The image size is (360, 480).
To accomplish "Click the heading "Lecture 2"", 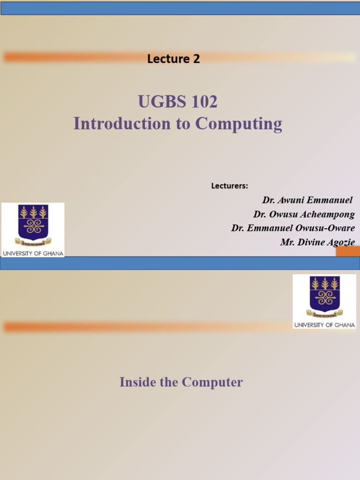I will (173, 59).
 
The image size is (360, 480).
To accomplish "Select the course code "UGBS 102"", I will (178, 101).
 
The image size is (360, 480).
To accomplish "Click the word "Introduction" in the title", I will (120, 124).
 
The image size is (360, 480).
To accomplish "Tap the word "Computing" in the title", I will (239, 124).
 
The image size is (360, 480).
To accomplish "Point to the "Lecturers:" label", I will (229, 186).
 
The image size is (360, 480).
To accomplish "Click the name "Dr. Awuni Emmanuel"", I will (307, 200).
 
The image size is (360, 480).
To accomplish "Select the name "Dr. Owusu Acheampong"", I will (304, 214).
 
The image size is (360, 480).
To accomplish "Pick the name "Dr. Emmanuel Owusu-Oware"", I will (292, 228).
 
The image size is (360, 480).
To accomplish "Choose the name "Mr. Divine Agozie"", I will (317, 242).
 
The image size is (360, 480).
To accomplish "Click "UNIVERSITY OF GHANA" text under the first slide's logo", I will (33, 253).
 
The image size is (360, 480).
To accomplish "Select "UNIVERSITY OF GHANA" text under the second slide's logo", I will (324, 324).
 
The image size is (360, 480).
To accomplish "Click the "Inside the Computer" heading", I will (181, 382).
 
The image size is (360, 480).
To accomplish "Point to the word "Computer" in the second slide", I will (212, 382).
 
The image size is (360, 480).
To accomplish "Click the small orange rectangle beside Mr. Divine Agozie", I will (348, 251).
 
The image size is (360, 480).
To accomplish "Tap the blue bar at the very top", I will (180, 8).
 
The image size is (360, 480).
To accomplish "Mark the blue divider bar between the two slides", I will (180, 263).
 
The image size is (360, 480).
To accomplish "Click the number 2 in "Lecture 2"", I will (196, 59).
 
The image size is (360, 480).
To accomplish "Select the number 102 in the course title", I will (204, 101).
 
